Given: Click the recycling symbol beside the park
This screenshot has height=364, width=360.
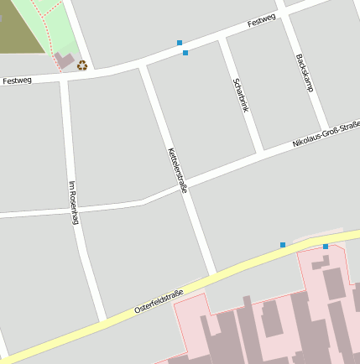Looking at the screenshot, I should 82,65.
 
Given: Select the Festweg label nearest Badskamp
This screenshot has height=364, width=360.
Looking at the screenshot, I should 262,22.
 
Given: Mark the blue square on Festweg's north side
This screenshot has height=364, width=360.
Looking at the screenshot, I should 179,42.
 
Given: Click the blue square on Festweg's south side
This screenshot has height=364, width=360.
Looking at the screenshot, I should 185,53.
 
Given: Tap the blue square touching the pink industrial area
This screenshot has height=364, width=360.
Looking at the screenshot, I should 326,247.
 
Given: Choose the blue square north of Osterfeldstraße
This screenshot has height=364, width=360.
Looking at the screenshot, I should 283,245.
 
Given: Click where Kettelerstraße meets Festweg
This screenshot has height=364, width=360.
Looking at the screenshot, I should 143,66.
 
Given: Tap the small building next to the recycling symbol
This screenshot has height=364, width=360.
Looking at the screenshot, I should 64,60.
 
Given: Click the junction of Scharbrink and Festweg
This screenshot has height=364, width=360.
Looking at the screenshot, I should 223,39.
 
